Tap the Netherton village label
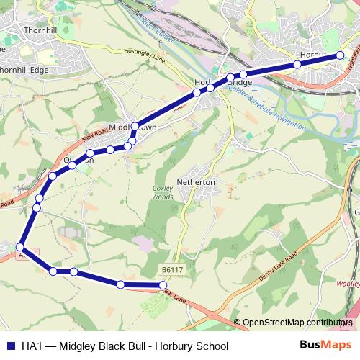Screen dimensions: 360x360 (196, 183)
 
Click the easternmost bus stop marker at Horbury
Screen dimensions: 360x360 (341, 54)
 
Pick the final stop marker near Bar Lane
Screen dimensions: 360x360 (163, 286)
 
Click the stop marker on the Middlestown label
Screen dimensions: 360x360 (135, 126)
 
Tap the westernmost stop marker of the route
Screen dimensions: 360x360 (20, 247)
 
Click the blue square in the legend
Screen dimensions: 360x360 (10, 346)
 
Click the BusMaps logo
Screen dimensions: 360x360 (325, 346)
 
